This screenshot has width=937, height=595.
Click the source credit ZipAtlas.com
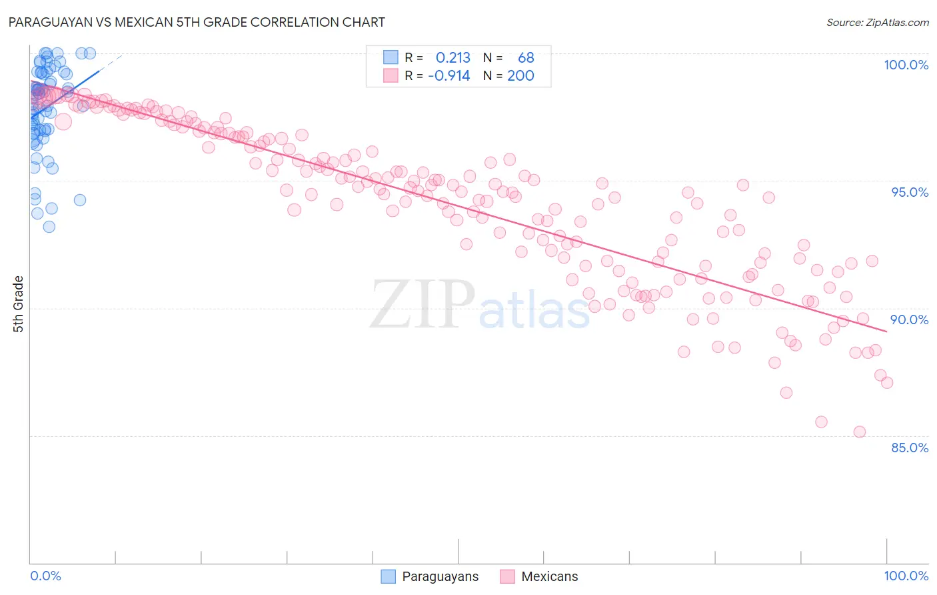pos(877,22)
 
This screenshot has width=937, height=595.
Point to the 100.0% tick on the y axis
pos(906,65)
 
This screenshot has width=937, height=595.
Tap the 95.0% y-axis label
pos(910,192)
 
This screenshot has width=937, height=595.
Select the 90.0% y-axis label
pos(910,320)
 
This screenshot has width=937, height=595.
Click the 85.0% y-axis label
pos(910,448)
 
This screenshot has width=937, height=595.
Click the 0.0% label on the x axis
pos(45,576)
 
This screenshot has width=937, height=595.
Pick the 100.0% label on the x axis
pos(906,576)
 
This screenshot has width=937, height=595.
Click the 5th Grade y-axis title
pos(18,304)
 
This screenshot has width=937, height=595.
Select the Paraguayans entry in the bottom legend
pos(440,576)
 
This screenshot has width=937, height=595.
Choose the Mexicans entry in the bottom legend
pos(549,576)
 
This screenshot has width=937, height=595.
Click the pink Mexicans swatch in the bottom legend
pos(508,576)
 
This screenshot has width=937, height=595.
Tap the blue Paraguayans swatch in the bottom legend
pos(389,576)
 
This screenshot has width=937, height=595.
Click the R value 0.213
pos(453,58)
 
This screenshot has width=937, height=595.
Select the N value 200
pos(520,75)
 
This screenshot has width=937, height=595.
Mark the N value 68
pos(526,58)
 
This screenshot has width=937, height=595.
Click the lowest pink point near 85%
pos(860,432)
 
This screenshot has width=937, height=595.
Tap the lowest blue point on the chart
pos(49,227)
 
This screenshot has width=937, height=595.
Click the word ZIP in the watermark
pos(422,305)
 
